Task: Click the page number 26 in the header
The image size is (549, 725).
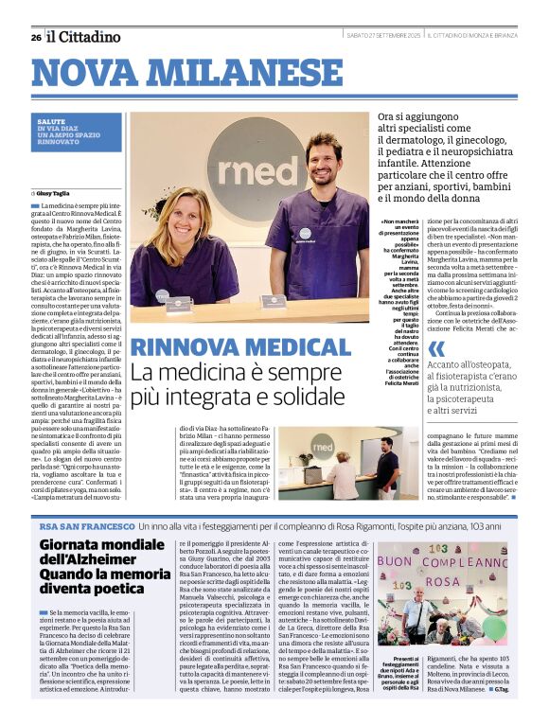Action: (x=35, y=37)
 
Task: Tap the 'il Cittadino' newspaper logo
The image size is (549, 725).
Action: (x=84, y=37)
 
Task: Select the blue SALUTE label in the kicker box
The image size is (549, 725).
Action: (x=52, y=122)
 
